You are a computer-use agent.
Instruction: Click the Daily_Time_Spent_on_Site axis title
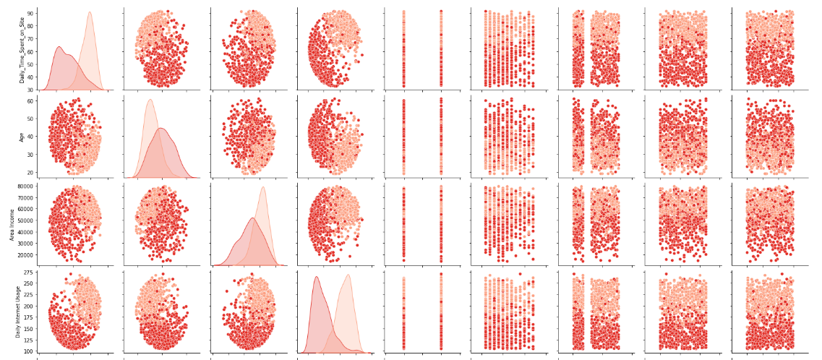(22, 49)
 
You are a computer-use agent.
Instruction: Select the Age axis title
(22, 136)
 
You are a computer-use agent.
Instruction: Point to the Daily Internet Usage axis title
(19, 312)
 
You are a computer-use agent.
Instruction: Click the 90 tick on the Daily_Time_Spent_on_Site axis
(31, 13)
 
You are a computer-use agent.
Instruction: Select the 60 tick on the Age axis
(31, 101)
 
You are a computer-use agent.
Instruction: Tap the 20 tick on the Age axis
(31, 173)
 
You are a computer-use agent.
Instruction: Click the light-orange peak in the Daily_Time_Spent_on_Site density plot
(90, 12)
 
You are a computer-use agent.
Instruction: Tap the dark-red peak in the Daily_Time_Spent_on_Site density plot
(59, 47)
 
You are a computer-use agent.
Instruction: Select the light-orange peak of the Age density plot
(150, 100)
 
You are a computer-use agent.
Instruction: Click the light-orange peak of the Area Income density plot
(262, 187)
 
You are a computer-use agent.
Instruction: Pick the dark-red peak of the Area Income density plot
(252, 218)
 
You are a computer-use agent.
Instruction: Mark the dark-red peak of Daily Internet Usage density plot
(317, 277)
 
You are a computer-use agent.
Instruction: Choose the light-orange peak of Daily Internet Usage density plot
(348, 275)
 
